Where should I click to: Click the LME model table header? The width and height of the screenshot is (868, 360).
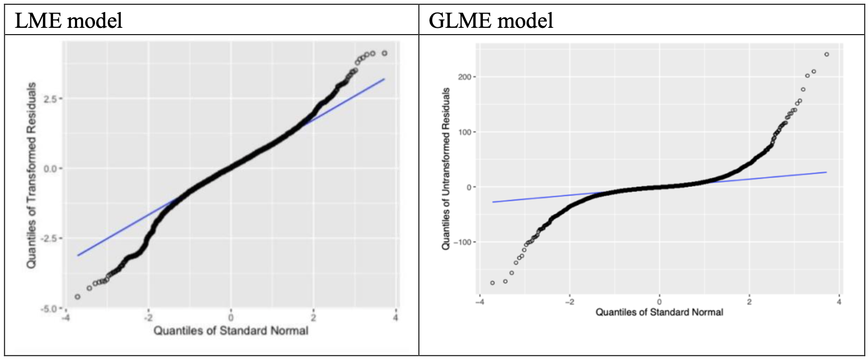pyautogui.click(x=69, y=21)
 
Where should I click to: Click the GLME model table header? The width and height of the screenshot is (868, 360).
pyautogui.click(x=491, y=21)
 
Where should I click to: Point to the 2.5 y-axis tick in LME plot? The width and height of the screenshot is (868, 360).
pyautogui.click(x=52, y=99)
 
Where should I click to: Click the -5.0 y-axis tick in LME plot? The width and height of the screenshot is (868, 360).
pyautogui.click(x=51, y=309)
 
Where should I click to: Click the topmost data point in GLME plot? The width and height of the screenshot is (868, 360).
pyautogui.click(x=827, y=55)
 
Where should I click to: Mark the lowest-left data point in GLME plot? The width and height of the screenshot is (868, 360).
pyautogui.click(x=492, y=283)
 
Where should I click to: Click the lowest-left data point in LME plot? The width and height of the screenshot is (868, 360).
pyautogui.click(x=78, y=297)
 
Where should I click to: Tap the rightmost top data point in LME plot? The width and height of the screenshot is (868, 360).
pyautogui.click(x=385, y=53)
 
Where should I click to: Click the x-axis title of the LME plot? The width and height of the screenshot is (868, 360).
pyautogui.click(x=230, y=331)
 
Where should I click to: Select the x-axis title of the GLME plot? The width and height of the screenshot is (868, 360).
pyautogui.click(x=659, y=312)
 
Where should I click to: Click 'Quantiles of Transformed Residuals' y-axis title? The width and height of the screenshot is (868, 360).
pyautogui.click(x=31, y=175)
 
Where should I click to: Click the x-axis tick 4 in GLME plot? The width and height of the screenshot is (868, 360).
pyautogui.click(x=839, y=302)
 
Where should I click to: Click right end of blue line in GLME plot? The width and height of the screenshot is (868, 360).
pyautogui.click(x=827, y=172)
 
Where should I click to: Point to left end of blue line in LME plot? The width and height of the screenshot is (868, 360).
pyautogui.click(x=78, y=255)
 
